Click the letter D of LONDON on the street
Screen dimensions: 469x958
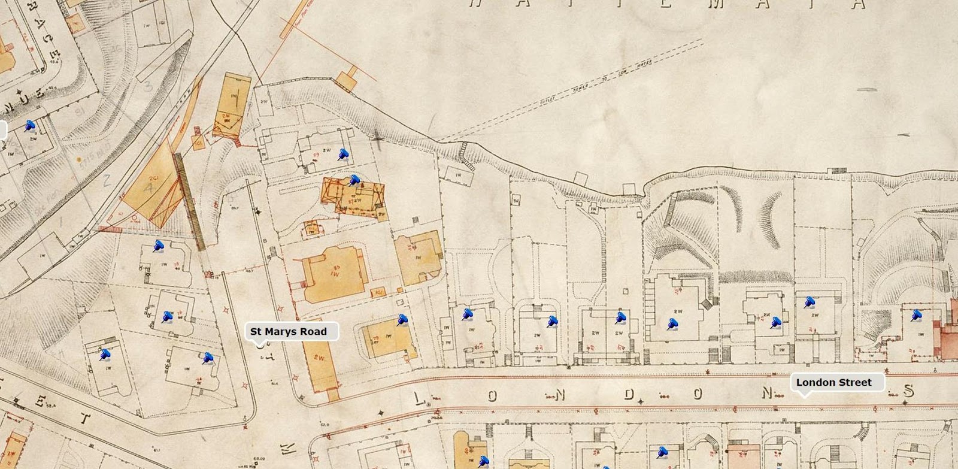coord(629,394)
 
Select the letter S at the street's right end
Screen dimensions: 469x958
coord(909,391)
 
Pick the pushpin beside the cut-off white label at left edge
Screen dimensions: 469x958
coord(29,126)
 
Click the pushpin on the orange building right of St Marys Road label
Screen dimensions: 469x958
coord(402,321)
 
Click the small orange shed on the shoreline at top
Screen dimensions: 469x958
coord(345,80)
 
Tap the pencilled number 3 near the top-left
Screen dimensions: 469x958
coord(148,86)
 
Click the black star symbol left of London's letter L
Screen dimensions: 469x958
coord(380,413)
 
